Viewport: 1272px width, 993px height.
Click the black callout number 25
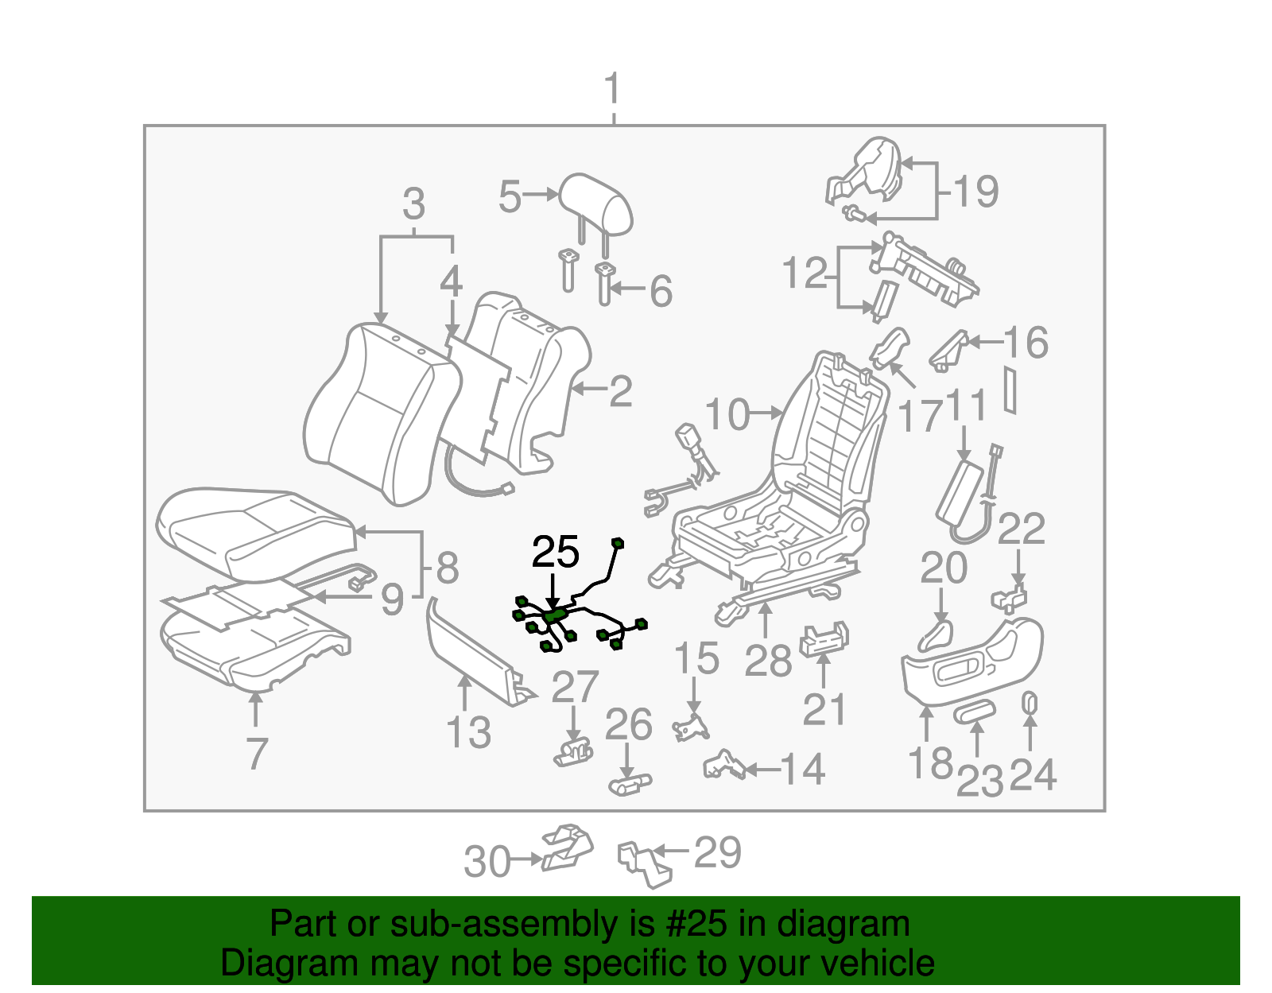tap(555, 552)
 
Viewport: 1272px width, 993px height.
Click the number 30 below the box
tap(487, 862)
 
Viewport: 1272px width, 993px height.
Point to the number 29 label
tap(718, 852)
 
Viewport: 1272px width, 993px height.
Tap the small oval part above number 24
tap(1029, 703)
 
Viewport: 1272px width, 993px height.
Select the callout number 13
tap(468, 732)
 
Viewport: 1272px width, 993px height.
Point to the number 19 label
tap(975, 192)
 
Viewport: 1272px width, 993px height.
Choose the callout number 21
tap(824, 708)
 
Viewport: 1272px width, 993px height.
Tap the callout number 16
tap(1026, 343)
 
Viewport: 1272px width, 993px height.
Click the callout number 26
tap(628, 724)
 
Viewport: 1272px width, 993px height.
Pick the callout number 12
tap(805, 273)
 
